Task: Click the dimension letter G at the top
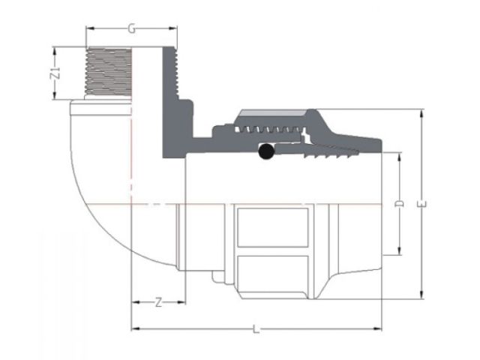tap(131, 29)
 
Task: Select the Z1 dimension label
tap(55, 73)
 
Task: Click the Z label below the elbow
tap(158, 303)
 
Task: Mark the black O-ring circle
tap(265, 152)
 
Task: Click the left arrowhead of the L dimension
tap(134, 328)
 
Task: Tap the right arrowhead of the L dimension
tap(379, 328)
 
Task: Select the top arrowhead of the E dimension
tap(421, 112)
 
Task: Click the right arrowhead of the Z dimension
tap(182, 303)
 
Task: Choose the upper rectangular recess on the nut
tap(272, 226)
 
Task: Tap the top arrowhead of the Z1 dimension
tap(55, 49)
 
